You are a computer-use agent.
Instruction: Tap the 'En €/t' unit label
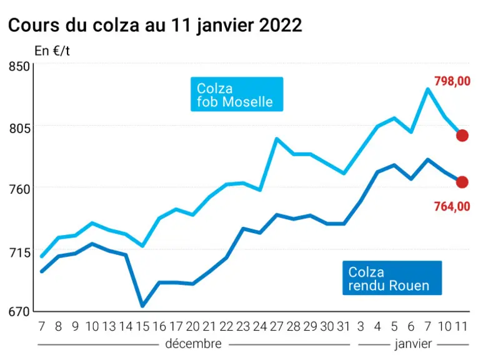click(52, 51)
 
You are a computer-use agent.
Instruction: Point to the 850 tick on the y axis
click(19, 66)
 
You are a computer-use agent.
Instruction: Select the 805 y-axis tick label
click(19, 128)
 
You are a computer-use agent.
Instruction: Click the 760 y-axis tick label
click(19, 189)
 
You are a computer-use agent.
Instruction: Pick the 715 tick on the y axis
click(19, 252)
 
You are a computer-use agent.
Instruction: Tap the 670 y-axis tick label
click(19, 311)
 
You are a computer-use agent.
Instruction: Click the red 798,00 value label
click(452, 81)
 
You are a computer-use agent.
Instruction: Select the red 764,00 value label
click(452, 207)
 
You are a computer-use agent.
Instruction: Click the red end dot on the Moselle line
click(462, 136)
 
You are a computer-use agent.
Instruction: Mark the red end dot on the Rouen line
click(462, 182)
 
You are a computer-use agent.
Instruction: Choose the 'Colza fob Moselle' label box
click(237, 94)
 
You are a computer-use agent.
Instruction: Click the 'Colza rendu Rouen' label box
click(392, 277)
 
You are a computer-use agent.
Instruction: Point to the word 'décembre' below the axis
click(193, 344)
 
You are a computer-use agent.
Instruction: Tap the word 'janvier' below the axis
click(413, 344)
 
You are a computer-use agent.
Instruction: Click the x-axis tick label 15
click(142, 326)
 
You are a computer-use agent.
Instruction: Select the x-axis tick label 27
click(277, 326)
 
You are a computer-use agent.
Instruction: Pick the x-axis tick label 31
click(344, 326)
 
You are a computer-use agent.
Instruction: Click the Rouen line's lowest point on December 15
click(142, 306)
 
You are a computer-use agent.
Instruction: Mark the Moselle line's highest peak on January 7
click(428, 89)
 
